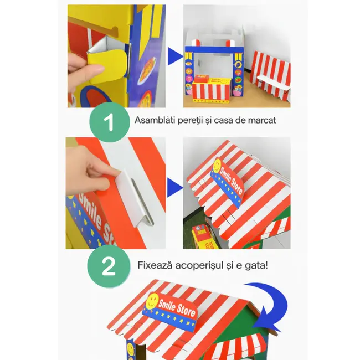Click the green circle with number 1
[x=109, y=121]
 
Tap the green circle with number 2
[x=109, y=266]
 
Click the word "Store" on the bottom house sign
[x=184, y=313]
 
